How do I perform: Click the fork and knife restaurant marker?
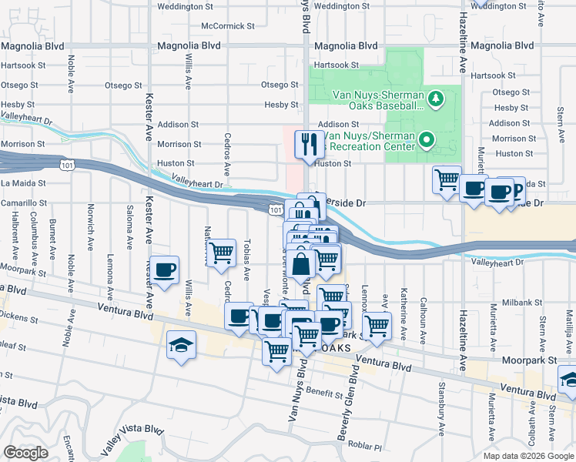tap(310, 144)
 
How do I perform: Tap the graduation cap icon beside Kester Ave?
tap(182, 344)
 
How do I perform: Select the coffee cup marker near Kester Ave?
tap(165, 270)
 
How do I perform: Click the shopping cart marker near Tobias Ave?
tap(222, 253)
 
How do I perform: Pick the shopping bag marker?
tap(302, 265)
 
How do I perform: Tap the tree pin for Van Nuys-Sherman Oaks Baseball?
tap(435, 98)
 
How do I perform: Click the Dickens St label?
tap(17, 315)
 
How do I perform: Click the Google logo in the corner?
tap(26, 453)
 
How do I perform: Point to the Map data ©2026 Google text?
tap(527, 456)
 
